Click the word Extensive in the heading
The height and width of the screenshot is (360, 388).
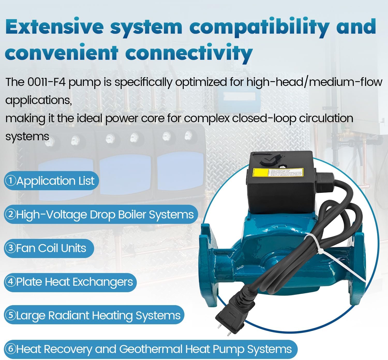pos(54,26)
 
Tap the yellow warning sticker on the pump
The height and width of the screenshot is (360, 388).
pos(278,172)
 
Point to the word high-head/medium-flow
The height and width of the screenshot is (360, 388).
pos(314,82)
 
